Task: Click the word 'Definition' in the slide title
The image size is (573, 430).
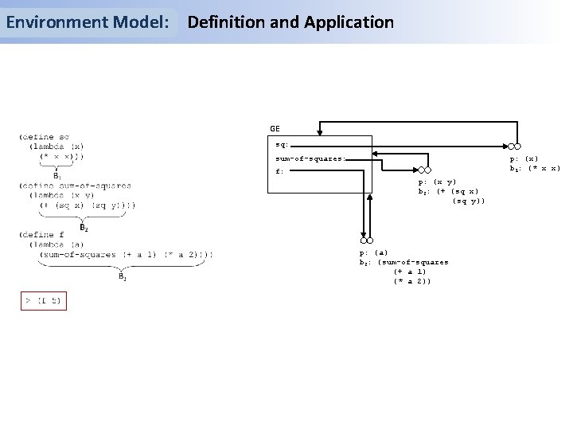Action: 224,22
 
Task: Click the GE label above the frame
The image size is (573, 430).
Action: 275,127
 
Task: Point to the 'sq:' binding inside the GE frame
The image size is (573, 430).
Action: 282,145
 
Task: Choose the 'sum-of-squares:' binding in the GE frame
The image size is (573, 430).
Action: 310,158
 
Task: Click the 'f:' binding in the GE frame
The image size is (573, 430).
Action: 279,171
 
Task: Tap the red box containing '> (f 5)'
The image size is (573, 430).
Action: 42,301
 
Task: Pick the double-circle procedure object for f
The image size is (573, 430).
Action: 366,240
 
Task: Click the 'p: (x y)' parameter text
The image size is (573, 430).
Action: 437,182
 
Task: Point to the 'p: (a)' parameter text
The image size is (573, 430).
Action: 375,252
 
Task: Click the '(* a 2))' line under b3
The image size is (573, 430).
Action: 412,281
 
